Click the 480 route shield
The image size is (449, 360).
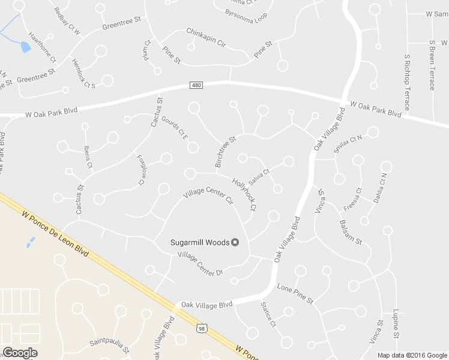[197, 86]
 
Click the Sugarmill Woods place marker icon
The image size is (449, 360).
[235, 242]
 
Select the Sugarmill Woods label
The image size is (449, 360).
[200, 242]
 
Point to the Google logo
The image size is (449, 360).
[20, 353]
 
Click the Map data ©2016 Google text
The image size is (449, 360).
[412, 355]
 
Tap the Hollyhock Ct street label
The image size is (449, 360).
[244, 194]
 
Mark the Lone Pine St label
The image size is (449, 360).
[295, 293]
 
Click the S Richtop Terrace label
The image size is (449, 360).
[407, 82]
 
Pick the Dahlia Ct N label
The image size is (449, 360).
[380, 188]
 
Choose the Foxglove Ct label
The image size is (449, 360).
[141, 170]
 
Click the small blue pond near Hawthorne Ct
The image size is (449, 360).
[25, 47]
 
